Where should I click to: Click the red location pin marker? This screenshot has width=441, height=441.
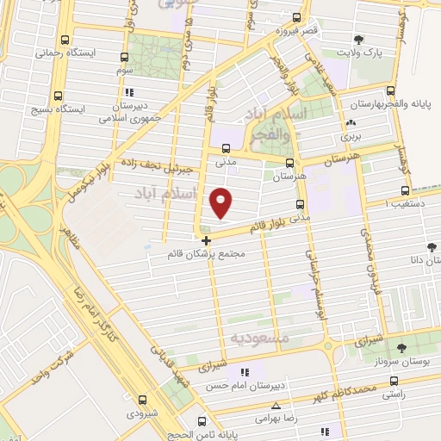221,202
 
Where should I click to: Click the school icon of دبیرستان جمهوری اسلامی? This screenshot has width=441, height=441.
129,92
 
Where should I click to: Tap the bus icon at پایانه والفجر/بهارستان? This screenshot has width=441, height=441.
391,90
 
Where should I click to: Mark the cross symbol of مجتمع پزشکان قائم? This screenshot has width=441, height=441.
205,240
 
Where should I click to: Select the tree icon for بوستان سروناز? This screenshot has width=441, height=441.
401,347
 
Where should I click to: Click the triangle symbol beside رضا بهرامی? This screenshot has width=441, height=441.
276,405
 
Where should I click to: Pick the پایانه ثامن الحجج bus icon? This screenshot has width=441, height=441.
202,421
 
